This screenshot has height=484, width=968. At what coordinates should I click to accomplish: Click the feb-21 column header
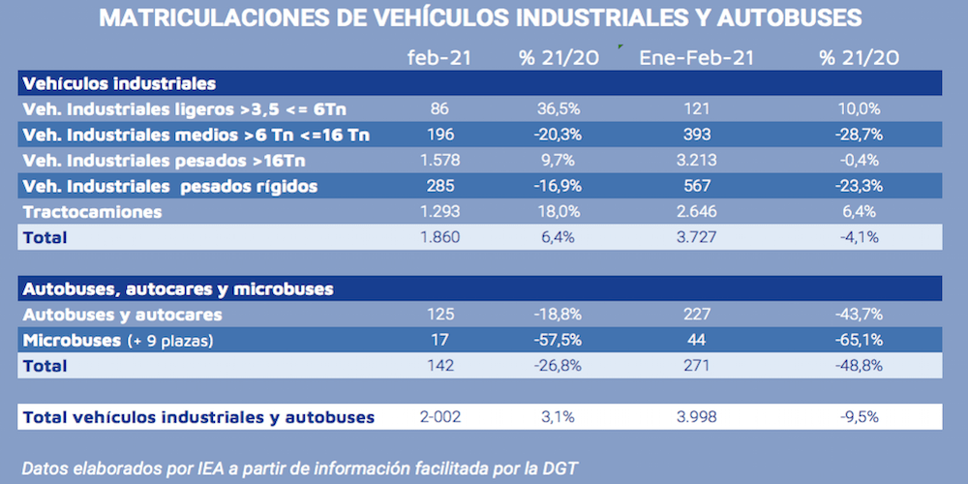(x=440, y=58)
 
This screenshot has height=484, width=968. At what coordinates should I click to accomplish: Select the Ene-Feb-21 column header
(x=696, y=58)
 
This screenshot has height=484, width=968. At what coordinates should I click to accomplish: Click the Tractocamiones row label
(x=92, y=210)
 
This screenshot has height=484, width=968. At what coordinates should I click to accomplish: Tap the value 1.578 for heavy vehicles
(x=440, y=160)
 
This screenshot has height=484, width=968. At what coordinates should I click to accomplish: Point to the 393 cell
(x=696, y=135)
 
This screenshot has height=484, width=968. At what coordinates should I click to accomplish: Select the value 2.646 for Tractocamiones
(x=696, y=210)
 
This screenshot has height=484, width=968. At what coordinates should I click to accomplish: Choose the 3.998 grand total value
(x=696, y=417)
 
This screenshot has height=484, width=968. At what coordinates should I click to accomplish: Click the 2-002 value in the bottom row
(x=440, y=417)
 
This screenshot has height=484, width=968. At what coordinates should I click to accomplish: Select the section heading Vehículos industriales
(x=118, y=83)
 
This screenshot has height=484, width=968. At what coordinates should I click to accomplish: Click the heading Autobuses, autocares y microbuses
(x=177, y=288)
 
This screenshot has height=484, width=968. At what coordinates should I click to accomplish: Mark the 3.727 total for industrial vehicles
(x=696, y=236)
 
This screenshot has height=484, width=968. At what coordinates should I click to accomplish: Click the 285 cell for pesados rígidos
(x=440, y=185)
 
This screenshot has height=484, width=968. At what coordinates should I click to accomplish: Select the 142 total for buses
(x=440, y=366)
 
